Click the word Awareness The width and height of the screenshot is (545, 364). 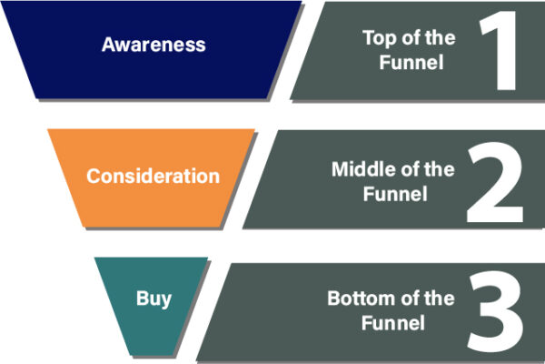(x=154, y=44)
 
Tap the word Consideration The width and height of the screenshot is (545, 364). (x=153, y=176)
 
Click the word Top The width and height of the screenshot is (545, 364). (x=377, y=38)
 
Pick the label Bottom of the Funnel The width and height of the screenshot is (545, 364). (x=391, y=310)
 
